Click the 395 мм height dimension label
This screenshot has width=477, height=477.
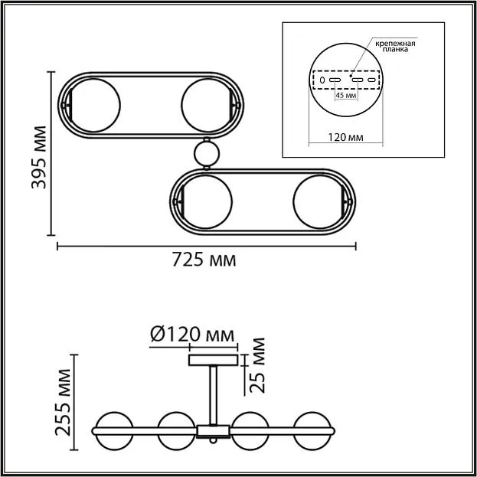39,157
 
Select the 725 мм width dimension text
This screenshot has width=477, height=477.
204,260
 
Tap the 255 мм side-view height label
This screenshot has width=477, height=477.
63,402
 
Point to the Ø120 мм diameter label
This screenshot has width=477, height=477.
193,335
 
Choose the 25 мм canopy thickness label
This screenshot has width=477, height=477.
257,365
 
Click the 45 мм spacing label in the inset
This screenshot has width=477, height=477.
346,95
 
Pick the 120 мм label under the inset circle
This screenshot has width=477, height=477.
345,137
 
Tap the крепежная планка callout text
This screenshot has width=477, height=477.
395,46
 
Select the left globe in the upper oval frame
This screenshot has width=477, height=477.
94,105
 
